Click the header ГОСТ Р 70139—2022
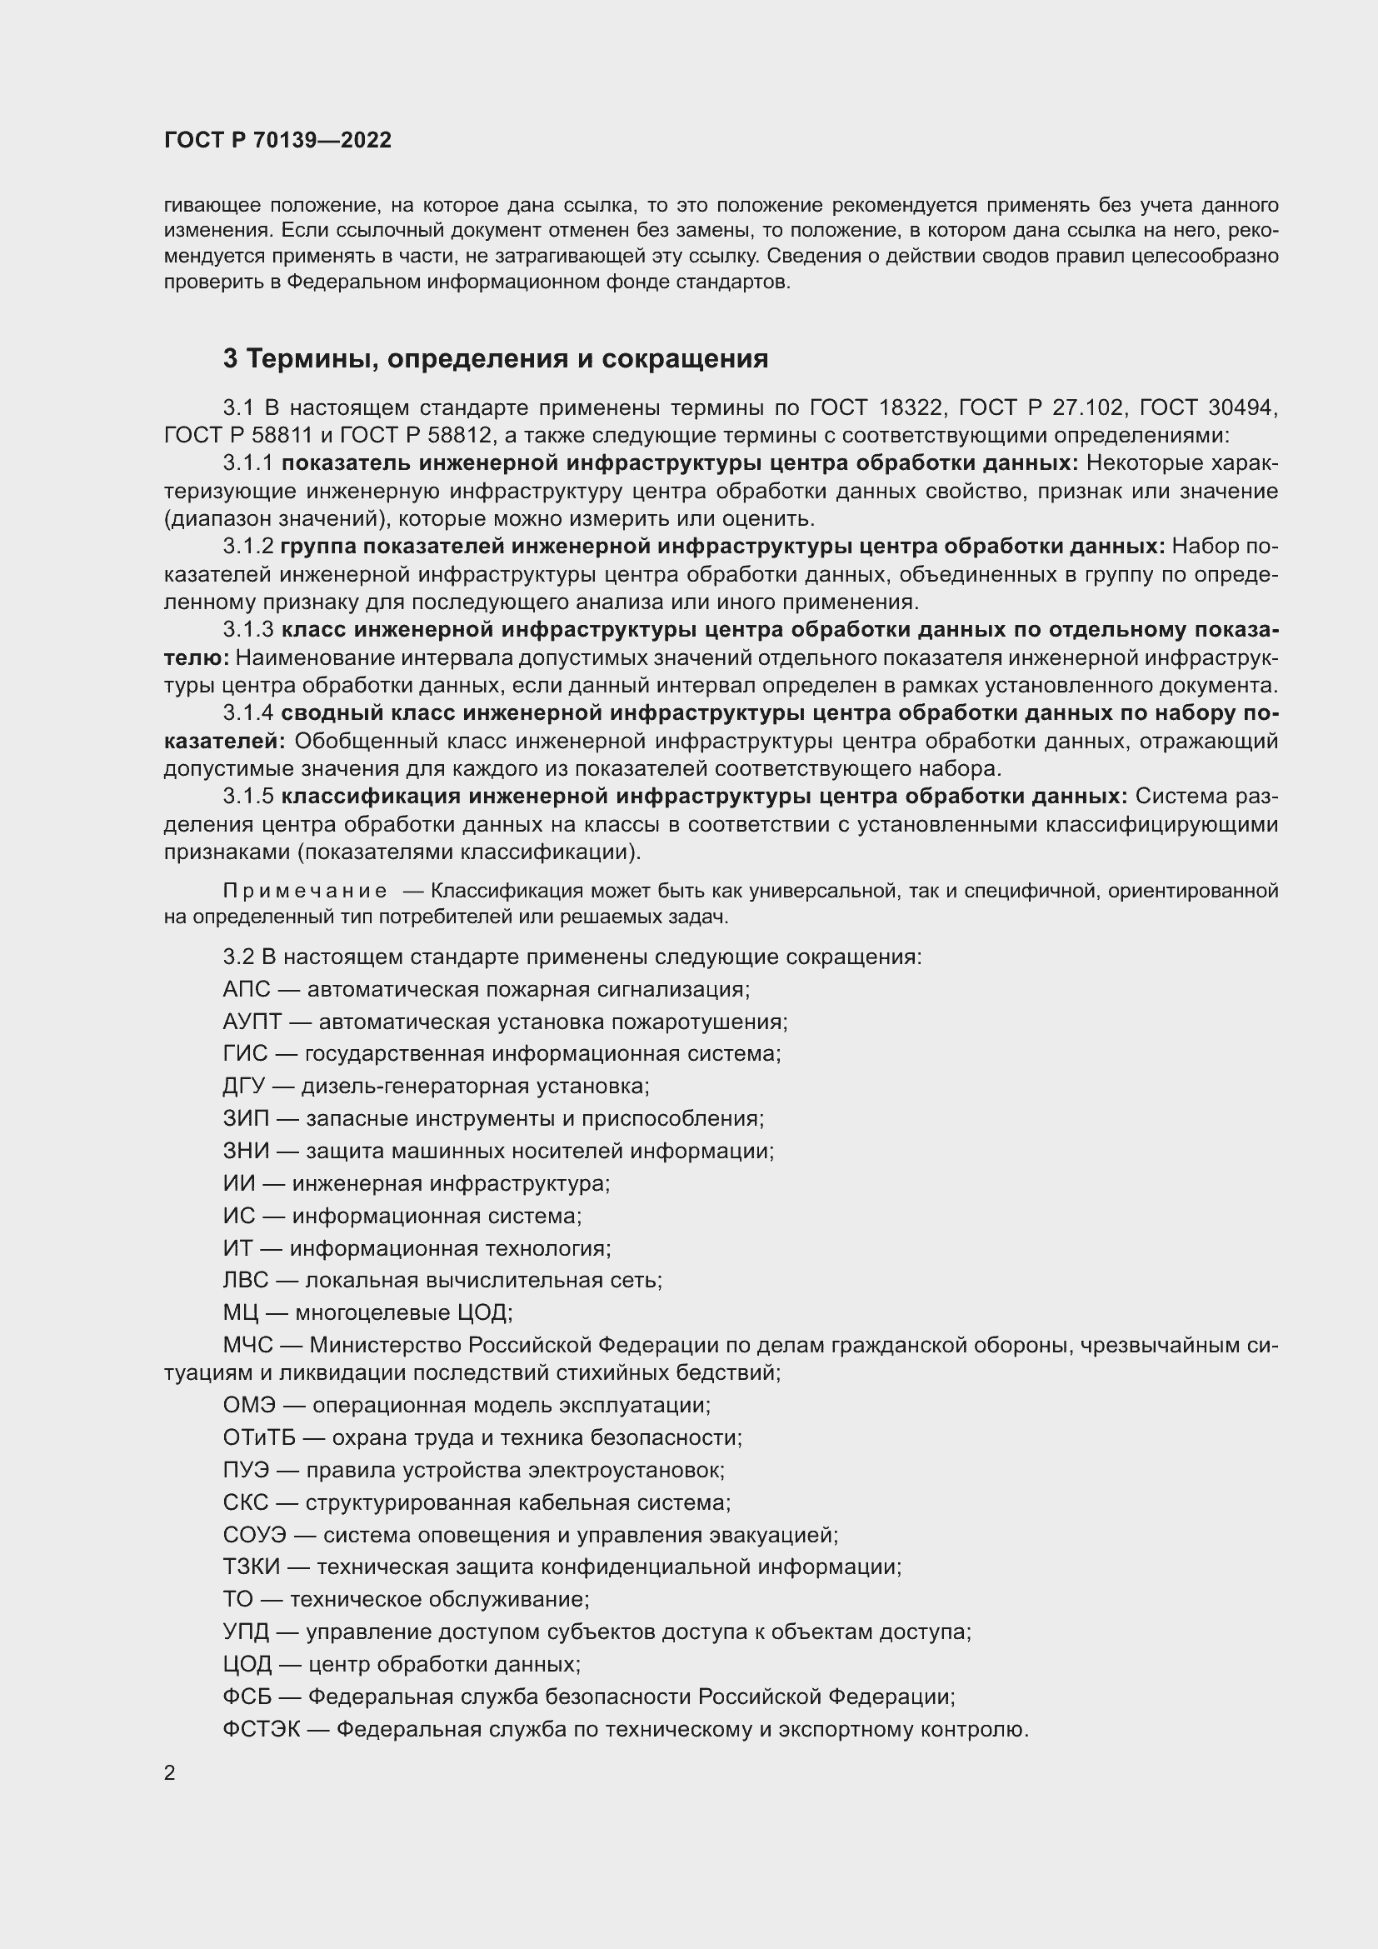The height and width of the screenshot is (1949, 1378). pyautogui.click(x=277, y=140)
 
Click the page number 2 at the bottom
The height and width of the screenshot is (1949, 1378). pyautogui.click(x=170, y=1772)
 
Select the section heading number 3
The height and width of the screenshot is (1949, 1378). pyautogui.click(x=230, y=359)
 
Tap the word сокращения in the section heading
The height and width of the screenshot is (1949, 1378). pyautogui.click(x=685, y=359)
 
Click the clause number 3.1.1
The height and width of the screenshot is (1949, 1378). pyautogui.click(x=247, y=463)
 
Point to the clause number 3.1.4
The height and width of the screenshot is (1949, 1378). pyautogui.click(x=247, y=713)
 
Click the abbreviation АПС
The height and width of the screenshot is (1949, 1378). pyautogui.click(x=246, y=989)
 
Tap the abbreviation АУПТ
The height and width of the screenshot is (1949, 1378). pyautogui.click(x=252, y=1022)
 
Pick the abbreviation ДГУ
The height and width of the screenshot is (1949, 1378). pyautogui.click(x=244, y=1086)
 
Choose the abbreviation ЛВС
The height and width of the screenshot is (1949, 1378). pyautogui.click(x=246, y=1280)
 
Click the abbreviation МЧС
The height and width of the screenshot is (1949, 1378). pyautogui.click(x=247, y=1346)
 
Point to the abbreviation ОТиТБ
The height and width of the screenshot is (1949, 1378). pyautogui.click(x=262, y=1437)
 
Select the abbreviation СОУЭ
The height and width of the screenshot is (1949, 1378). pyautogui.click(x=255, y=1535)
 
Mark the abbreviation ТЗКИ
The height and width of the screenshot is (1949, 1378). pyautogui.click(x=251, y=1567)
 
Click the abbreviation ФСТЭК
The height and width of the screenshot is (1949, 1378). pyautogui.click(x=262, y=1729)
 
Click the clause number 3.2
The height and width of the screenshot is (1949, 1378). pyautogui.click(x=238, y=957)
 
